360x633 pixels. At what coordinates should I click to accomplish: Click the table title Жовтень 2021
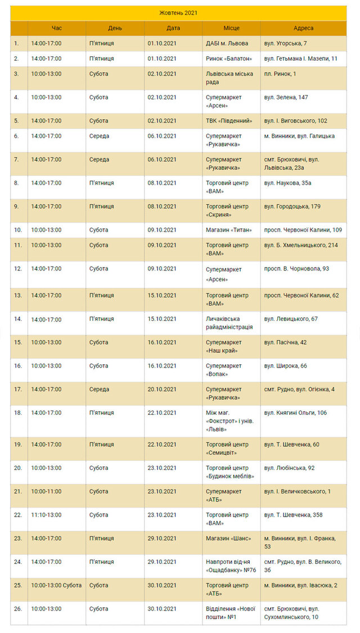[178, 13]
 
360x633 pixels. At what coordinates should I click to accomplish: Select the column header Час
[57, 28]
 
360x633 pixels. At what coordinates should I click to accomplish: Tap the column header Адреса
[303, 28]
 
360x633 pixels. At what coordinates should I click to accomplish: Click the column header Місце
[231, 28]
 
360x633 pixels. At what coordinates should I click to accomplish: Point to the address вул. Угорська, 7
[285, 43]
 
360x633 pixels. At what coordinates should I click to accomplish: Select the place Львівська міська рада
[226, 78]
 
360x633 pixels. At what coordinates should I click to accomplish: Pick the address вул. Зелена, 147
[286, 97]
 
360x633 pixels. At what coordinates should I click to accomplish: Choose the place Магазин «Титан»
[227, 230]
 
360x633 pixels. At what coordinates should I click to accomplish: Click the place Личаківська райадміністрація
[229, 323]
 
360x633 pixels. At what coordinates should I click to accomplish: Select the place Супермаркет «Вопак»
[224, 369]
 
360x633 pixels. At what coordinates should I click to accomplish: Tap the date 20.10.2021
[162, 389]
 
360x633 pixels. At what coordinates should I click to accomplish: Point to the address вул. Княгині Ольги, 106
[295, 413]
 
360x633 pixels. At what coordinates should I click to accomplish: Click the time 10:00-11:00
[46, 491]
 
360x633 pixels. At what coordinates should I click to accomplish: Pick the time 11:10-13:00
[46, 515]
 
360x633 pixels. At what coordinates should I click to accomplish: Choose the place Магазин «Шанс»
[228, 539]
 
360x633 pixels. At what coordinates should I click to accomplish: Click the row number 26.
[18, 609]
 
